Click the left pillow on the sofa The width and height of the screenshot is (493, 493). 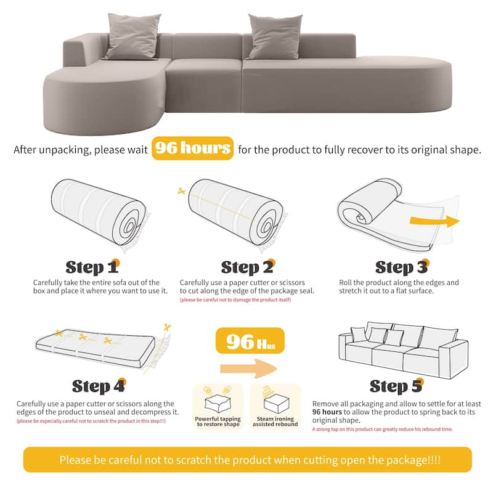133,36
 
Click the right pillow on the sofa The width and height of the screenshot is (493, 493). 274,36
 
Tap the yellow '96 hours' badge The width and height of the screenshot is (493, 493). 192,149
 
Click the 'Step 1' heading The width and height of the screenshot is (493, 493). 93,267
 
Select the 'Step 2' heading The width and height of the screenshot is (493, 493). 246,267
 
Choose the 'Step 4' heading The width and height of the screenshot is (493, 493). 99,386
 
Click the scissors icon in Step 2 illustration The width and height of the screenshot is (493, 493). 181,192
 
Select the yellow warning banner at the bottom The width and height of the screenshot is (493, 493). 246,460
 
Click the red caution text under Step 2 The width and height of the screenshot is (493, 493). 235,300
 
